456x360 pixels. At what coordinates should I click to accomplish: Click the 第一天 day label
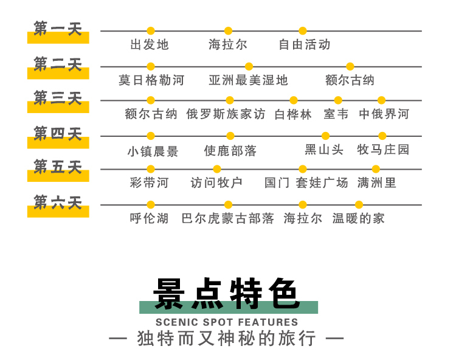click(x=58, y=29)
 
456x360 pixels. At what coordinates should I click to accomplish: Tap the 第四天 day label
click(x=58, y=133)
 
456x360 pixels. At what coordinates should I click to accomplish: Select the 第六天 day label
click(x=58, y=202)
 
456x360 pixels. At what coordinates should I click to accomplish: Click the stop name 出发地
click(x=150, y=45)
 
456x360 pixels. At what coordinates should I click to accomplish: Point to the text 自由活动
click(x=305, y=45)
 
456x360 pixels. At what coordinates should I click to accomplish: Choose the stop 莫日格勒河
click(x=151, y=80)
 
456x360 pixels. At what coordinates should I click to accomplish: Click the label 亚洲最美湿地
click(x=248, y=80)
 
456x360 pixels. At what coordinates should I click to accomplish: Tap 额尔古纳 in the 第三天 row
click(x=151, y=114)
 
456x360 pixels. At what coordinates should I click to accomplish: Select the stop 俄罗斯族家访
click(x=226, y=114)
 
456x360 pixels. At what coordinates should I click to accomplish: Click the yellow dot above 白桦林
click(x=294, y=100)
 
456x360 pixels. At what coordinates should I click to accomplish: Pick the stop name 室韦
click(x=336, y=114)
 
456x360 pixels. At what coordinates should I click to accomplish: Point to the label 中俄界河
click(x=384, y=114)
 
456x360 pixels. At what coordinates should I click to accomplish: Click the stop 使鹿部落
click(x=230, y=151)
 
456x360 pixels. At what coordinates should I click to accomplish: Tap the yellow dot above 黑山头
click(x=325, y=136)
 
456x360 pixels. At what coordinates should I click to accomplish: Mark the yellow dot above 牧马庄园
click(x=382, y=136)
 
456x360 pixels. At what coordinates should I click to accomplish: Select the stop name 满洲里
click(x=376, y=183)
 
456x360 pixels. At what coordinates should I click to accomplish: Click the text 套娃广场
click(x=322, y=183)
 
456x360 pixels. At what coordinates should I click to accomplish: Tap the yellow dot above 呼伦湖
click(x=151, y=205)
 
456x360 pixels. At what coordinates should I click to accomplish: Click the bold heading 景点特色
click(x=227, y=293)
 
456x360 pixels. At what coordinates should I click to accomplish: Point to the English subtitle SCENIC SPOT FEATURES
click(x=227, y=322)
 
